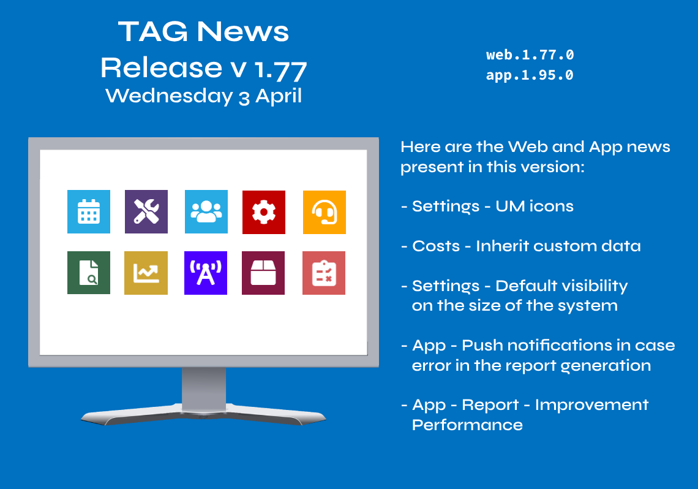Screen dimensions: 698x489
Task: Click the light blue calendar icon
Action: [x=89, y=211]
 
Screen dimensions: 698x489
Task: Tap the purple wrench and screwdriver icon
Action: [x=146, y=211]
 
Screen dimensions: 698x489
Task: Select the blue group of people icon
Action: [x=206, y=211]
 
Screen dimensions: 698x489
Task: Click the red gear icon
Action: [x=263, y=212]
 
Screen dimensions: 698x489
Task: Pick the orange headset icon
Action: [x=324, y=212]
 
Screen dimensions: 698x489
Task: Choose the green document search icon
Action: [x=89, y=273]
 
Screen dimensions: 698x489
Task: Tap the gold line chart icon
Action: [x=146, y=273]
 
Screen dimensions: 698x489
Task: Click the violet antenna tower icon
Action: [x=206, y=273]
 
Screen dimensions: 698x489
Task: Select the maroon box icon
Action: [x=263, y=273]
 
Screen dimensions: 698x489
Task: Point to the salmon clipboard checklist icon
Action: [x=324, y=273]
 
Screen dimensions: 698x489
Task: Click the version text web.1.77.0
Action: [x=530, y=55]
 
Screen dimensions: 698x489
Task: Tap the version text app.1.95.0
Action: [x=530, y=75]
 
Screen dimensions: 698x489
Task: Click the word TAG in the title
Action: [x=153, y=32]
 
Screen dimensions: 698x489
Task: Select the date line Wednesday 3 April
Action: [x=203, y=96]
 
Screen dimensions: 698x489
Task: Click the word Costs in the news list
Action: [x=436, y=246]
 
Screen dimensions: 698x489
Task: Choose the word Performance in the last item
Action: [x=467, y=425]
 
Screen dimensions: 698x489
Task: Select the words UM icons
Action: [x=535, y=206]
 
